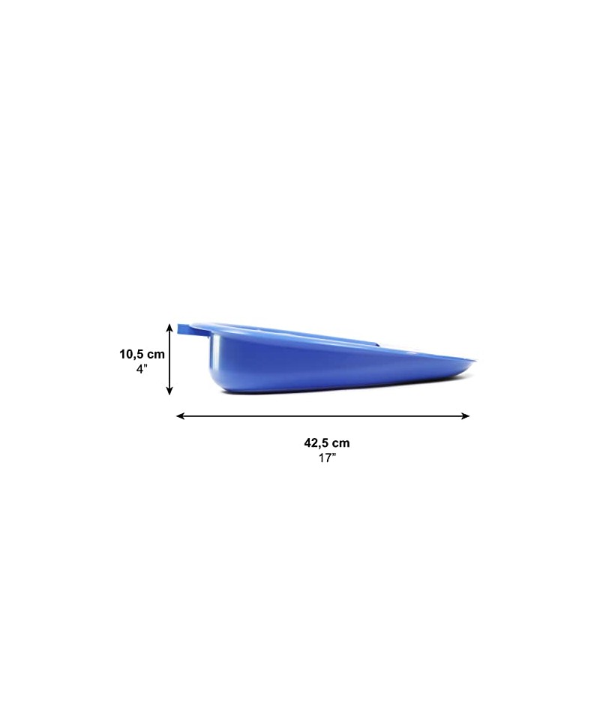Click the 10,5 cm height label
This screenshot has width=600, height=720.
click(x=142, y=355)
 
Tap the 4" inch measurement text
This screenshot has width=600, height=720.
click(x=142, y=369)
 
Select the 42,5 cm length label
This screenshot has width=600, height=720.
click(x=327, y=443)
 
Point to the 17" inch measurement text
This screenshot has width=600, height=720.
click(x=328, y=457)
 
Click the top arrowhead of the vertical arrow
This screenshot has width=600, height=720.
click(x=169, y=328)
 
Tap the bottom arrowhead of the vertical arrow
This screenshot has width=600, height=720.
click(x=169, y=390)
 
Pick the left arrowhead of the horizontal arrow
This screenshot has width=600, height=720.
click(x=181, y=416)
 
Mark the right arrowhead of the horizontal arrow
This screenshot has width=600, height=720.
click(x=465, y=416)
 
